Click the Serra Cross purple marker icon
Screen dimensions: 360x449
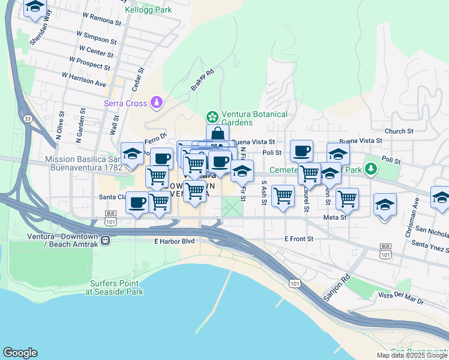point(157,103)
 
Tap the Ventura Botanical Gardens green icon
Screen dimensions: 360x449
point(211,116)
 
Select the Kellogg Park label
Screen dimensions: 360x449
point(148,10)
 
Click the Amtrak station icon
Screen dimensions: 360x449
point(105,240)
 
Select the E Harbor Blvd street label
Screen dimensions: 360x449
point(175,241)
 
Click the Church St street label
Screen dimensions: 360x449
point(399,131)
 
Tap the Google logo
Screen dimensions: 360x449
point(20,353)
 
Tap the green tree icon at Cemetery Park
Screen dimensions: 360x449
point(371,168)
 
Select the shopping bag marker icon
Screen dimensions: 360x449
point(217,134)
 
